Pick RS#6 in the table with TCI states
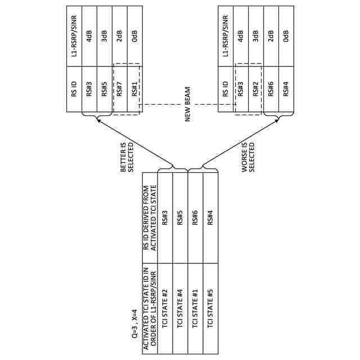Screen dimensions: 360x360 coord(195,217)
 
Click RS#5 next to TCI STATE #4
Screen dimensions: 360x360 coord(180,217)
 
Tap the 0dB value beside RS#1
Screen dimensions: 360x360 coord(134,35)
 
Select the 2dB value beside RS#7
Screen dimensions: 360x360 coord(120,35)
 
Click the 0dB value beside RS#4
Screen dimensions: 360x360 coord(286,35)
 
